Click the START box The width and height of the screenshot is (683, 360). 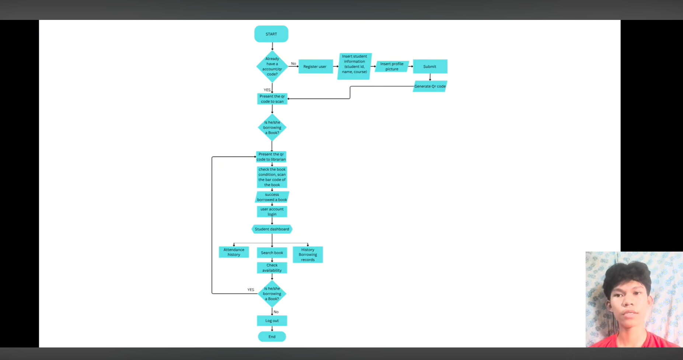[x=271, y=34]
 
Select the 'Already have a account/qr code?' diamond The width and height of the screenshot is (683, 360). [x=272, y=66]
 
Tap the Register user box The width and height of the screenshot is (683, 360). [x=316, y=66]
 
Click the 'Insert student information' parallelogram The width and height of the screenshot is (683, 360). [x=355, y=66]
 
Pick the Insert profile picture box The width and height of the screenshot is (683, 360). [x=392, y=66]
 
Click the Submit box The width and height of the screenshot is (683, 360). [x=430, y=66]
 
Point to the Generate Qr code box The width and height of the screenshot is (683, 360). [x=430, y=86]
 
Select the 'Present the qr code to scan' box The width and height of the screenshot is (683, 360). [x=272, y=99]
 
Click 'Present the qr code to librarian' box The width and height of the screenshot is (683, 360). [x=271, y=157]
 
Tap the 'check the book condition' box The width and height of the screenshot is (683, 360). [x=272, y=177]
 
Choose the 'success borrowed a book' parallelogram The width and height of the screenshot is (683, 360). [x=272, y=197]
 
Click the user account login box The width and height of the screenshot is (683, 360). [x=272, y=211]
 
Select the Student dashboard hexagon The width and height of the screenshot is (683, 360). [x=272, y=229]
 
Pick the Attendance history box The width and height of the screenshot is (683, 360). [x=234, y=252]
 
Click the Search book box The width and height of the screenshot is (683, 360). [x=272, y=253]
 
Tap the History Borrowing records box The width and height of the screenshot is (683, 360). [x=308, y=255]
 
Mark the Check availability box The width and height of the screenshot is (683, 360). [x=272, y=268]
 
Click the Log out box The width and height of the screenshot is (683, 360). [x=272, y=321]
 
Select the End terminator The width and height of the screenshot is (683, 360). [x=272, y=336]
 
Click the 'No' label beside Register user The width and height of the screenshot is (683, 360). [x=293, y=63]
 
